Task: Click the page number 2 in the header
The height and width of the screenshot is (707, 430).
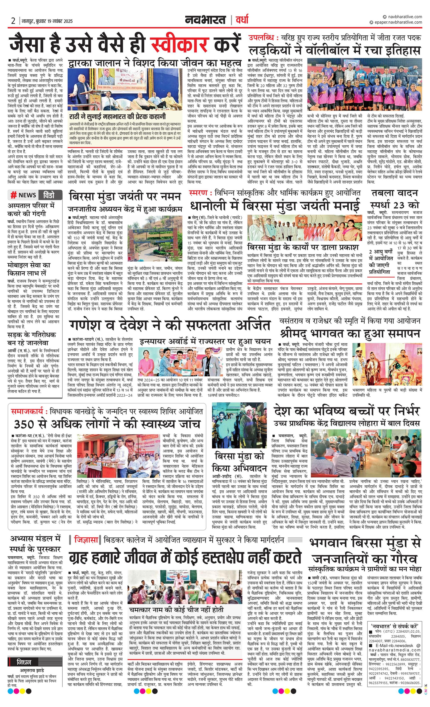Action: pyautogui.click(x=13, y=21)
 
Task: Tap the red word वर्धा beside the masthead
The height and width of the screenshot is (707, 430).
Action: pyautogui.click(x=242, y=20)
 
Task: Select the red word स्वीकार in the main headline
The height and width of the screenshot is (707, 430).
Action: pyautogui.click(x=179, y=45)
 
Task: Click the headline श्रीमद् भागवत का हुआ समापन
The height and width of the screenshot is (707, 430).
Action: pyautogui.click(x=350, y=333)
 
